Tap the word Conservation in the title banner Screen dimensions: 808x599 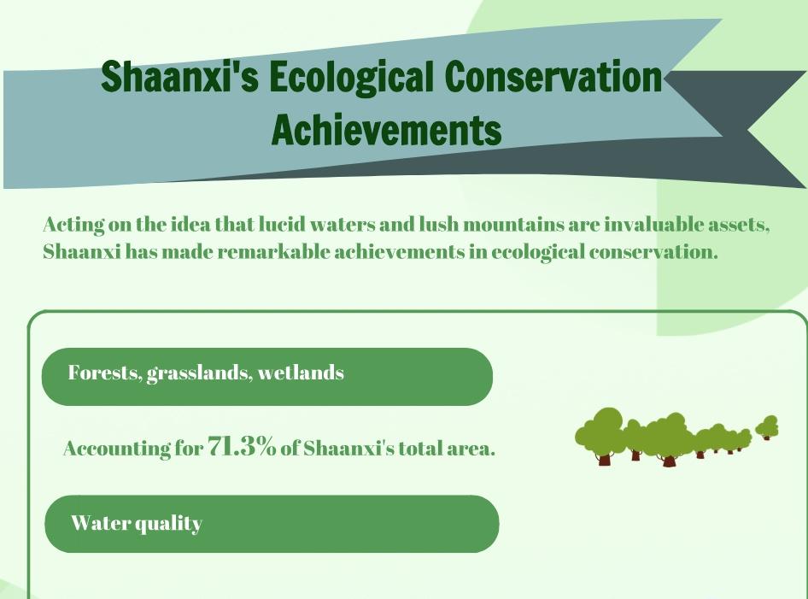pos(553,76)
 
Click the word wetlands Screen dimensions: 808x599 pos(301,373)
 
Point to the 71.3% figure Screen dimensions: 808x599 pos(242,446)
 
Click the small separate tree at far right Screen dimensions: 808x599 pos(767,427)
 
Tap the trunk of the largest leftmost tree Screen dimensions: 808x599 pos(604,459)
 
